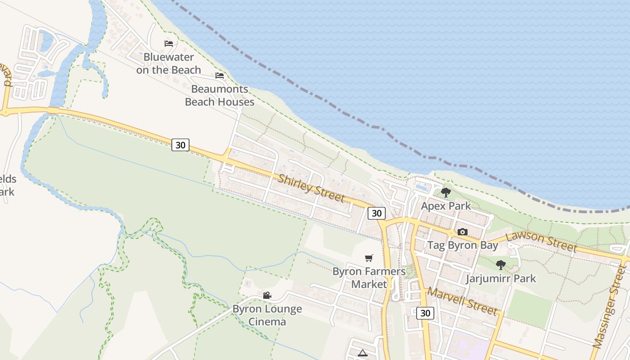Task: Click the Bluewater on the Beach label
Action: pyautogui.click(x=169, y=63)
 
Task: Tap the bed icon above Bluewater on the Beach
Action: pyautogui.click(x=169, y=44)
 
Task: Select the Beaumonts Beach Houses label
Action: pyautogui.click(x=220, y=95)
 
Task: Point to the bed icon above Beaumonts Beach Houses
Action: pyautogui.click(x=220, y=75)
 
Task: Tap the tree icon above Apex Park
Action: pyautogui.click(x=446, y=193)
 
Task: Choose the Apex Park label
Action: pyautogui.click(x=446, y=206)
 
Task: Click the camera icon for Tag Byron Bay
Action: pyautogui.click(x=463, y=232)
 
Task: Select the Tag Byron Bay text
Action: pyautogui.click(x=463, y=245)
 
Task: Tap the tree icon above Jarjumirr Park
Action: pyautogui.click(x=501, y=265)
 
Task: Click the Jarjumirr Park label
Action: pyautogui.click(x=501, y=279)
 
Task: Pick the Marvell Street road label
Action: pyautogui.click(x=462, y=301)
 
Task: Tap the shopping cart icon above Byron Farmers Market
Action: pyautogui.click(x=369, y=258)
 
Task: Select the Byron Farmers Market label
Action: pyautogui.click(x=369, y=278)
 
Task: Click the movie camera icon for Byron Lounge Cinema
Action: pyautogui.click(x=267, y=295)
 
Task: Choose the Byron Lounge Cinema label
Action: pyautogui.click(x=267, y=315)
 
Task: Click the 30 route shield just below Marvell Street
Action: pyautogui.click(x=425, y=313)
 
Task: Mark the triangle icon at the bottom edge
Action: pyautogui.click(x=363, y=353)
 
